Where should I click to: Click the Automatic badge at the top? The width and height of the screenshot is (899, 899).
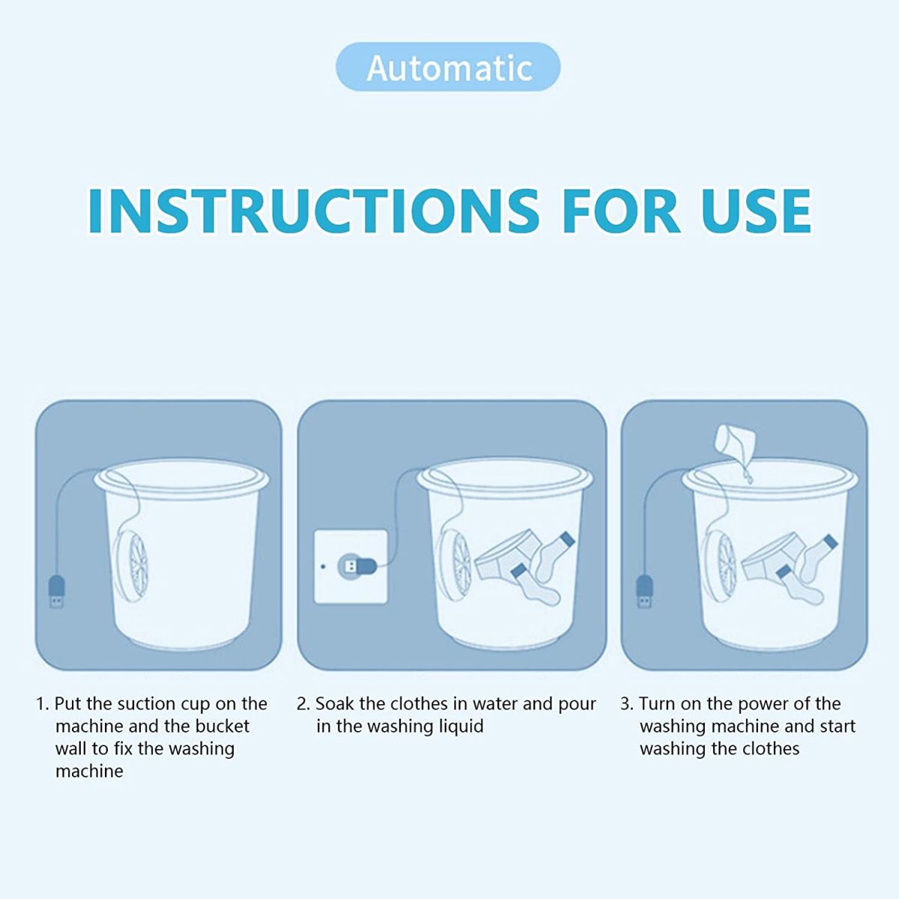pos(448,67)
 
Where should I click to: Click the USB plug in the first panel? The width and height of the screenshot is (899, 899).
pos(55,592)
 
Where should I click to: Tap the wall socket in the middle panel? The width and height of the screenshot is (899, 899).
pos(351,566)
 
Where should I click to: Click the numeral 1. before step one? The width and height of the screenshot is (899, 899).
pos(43,704)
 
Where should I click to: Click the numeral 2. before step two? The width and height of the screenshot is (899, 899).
pos(303,704)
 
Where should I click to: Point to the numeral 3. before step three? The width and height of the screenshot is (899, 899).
pos(627,704)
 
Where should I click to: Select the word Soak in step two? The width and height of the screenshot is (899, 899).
pos(334,704)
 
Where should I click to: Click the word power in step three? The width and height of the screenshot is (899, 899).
pos(763,704)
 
